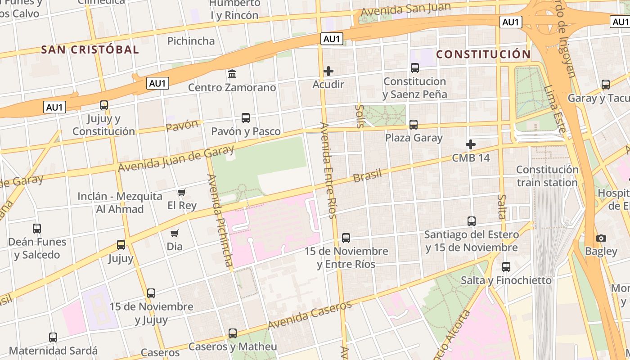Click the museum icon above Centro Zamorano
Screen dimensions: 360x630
[x=232, y=73]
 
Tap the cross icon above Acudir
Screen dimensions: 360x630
[x=328, y=71]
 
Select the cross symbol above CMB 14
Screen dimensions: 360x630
[x=471, y=144]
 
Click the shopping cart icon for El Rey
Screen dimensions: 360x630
[x=182, y=193]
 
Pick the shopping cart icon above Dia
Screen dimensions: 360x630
[x=175, y=233]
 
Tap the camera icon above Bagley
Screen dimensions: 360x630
[x=601, y=238]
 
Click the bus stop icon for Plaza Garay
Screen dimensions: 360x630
[x=414, y=124]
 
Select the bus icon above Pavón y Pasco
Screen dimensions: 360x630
[x=246, y=118]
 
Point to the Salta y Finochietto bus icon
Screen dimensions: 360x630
[x=506, y=267]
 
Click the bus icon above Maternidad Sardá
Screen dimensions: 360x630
[x=53, y=337]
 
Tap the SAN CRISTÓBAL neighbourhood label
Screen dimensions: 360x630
[x=90, y=49]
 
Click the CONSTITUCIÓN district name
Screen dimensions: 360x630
[x=483, y=54]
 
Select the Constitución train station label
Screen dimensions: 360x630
[x=547, y=176]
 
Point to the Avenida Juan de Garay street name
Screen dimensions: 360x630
[x=176, y=158]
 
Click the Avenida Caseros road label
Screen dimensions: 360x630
[x=310, y=315]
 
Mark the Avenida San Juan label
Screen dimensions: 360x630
[x=406, y=9]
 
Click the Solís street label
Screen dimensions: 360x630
[x=360, y=116]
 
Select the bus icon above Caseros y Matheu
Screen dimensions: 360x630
[x=233, y=333]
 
